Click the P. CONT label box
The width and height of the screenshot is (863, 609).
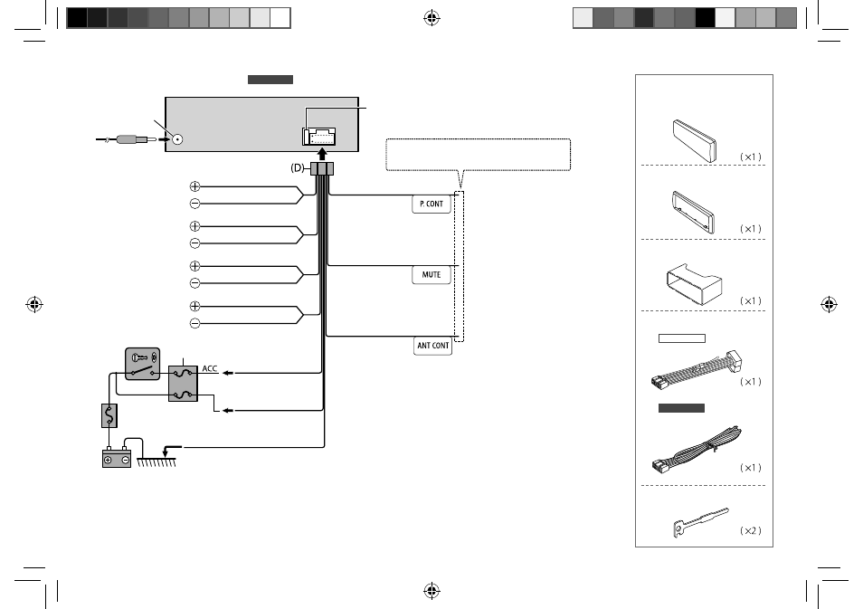(431, 204)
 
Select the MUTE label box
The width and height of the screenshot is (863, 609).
(431, 274)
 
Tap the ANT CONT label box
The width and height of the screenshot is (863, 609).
(432, 346)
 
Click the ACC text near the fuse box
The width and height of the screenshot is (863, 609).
(210, 368)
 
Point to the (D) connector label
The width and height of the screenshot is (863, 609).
(298, 168)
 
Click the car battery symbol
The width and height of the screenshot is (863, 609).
(117, 458)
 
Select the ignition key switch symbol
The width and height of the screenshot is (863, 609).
(143, 364)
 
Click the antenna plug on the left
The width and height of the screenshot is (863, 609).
(128, 139)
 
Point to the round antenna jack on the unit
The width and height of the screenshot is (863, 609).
(177, 139)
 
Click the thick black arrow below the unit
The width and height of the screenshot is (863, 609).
(323, 154)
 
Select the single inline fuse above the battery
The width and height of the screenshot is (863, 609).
(109, 415)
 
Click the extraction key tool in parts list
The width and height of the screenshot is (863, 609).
(700, 521)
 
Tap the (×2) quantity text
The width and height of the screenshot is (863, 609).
(751, 531)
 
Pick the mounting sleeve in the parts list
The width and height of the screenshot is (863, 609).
(694, 282)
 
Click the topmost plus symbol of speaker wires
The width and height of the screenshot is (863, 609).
(194, 186)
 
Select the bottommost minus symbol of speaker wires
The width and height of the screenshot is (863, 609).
(194, 323)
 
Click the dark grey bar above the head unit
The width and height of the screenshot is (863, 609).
(270, 80)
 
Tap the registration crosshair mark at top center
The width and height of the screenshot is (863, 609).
(432, 18)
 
